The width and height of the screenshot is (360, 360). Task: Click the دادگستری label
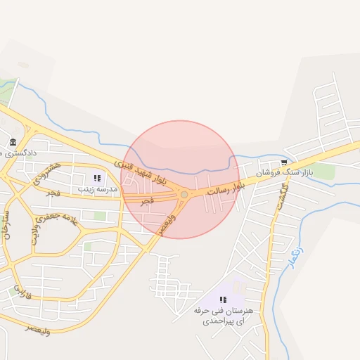pyautogui.click(x=28, y=152)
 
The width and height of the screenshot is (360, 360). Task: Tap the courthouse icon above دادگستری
pyautogui.click(x=13, y=143)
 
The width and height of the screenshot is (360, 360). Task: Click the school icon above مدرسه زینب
pyautogui.click(x=97, y=178)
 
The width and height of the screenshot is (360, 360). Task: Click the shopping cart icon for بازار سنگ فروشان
pyautogui.click(x=284, y=162)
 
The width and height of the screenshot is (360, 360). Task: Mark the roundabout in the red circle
pyautogui.click(x=184, y=194)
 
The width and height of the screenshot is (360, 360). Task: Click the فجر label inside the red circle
pyautogui.click(x=147, y=201)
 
